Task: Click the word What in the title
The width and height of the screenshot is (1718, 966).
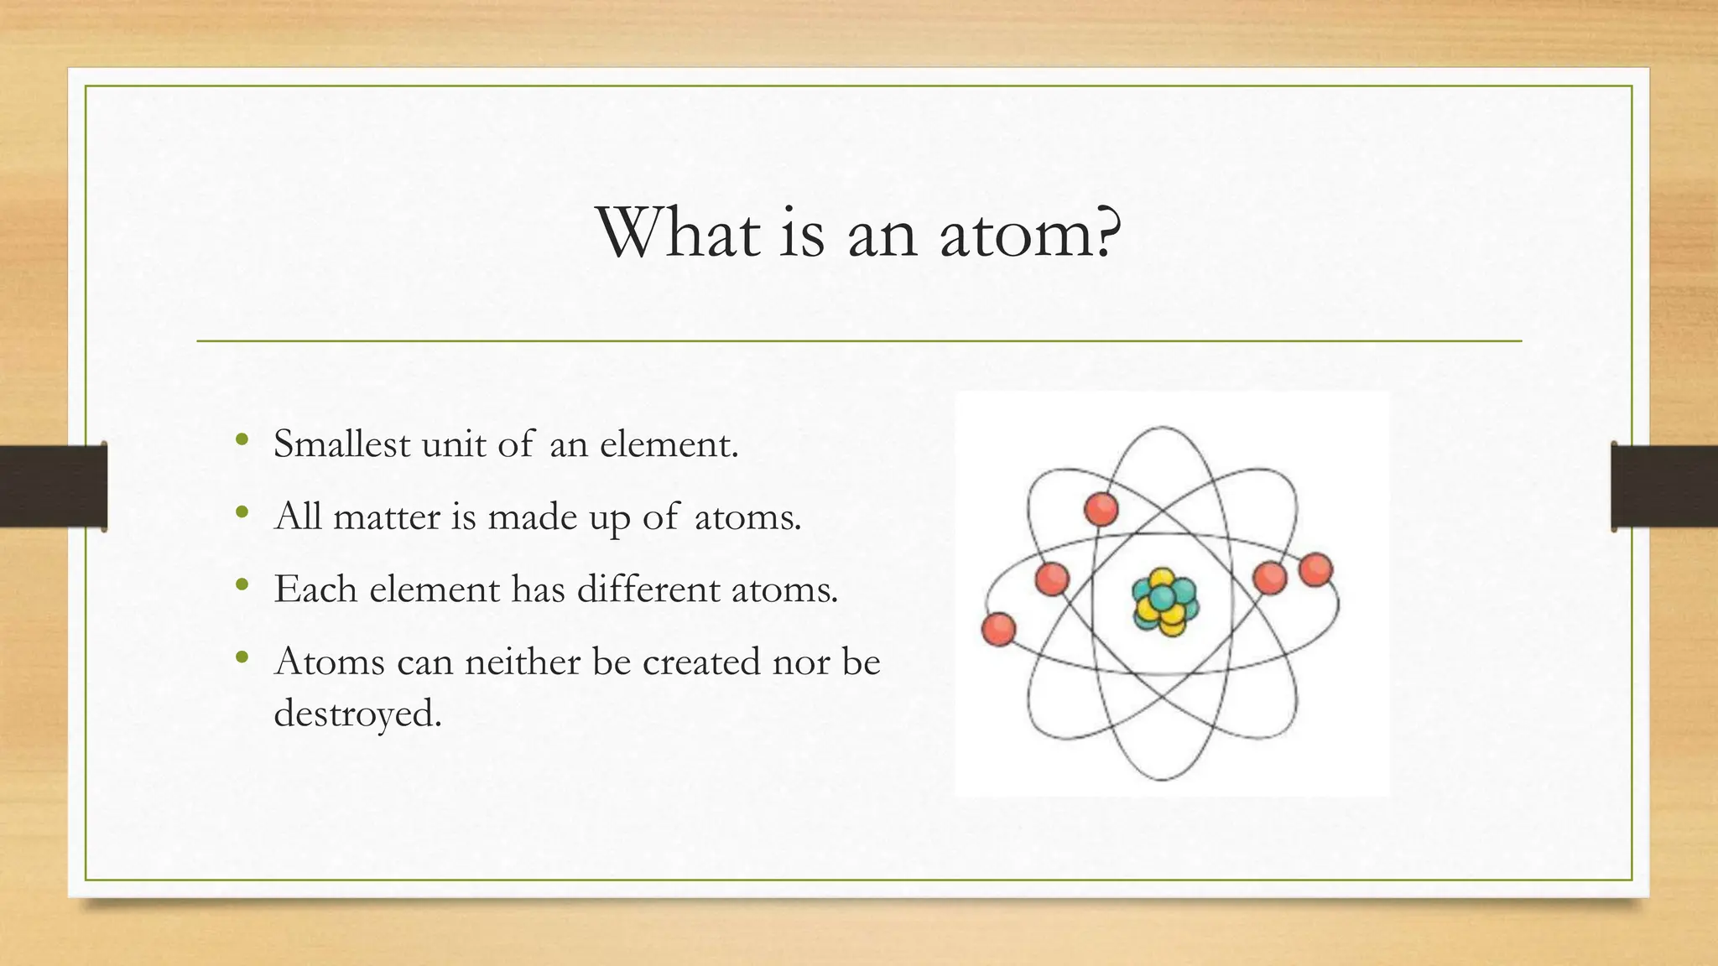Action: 678,232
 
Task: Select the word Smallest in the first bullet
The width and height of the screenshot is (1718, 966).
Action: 341,444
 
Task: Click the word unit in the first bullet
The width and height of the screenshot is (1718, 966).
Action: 454,444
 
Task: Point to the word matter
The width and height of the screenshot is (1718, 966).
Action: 387,516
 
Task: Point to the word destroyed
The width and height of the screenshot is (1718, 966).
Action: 357,714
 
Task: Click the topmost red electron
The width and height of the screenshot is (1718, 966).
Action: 1101,509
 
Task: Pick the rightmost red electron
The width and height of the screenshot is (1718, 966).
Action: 1315,570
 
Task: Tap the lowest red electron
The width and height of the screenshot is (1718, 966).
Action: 998,629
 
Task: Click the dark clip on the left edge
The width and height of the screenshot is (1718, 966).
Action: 53,486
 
